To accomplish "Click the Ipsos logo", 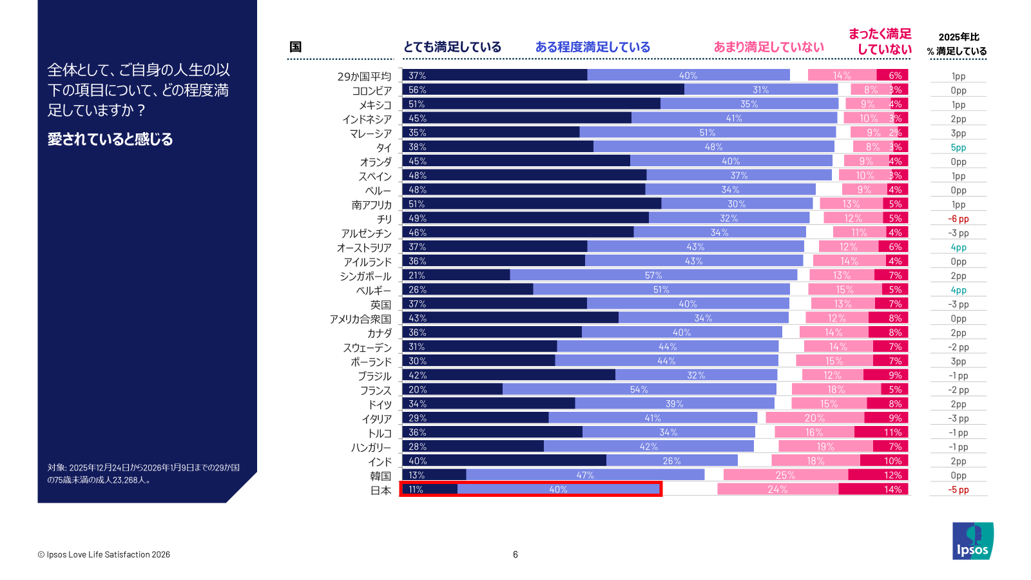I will pos(972,541).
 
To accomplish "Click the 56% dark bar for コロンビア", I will pos(543,90).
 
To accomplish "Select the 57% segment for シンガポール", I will pos(653,275).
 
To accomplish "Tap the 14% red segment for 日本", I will pos(873,489).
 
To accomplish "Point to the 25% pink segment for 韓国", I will pos(785,475).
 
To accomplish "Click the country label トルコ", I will pos(380,433).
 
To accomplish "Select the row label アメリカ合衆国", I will pos(360,319).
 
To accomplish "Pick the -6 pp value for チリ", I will pos(958,218).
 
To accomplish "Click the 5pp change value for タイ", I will pos(958,148).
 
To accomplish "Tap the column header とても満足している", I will pos(452,47).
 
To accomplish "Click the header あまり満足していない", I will pos(768,47).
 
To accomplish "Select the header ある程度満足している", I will pos(592,47).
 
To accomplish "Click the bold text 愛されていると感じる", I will pos(110,139).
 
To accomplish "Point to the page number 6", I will pos(515,554).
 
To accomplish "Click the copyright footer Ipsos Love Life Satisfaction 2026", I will pos(104,554).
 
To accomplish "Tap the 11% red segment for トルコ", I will pos(882,432).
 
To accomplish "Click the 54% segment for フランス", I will pos(639,389).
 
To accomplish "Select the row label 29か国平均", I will pos(363,77).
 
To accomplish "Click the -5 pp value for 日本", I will pos(958,490).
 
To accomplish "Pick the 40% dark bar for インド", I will pos(504,461).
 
